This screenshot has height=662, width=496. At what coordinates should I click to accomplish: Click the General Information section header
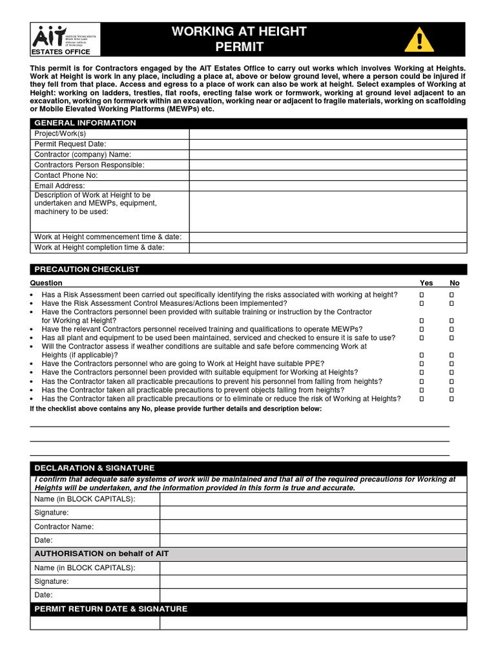click(x=85, y=123)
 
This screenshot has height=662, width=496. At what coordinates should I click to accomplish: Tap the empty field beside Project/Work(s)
click(x=327, y=134)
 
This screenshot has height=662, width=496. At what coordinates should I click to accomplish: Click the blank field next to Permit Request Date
click(x=327, y=144)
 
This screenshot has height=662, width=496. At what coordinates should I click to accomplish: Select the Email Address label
click(x=59, y=186)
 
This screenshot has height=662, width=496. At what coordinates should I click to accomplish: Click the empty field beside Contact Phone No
click(x=327, y=175)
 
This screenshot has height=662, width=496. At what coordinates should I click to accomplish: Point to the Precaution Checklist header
click(x=87, y=269)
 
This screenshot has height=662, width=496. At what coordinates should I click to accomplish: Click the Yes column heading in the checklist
click(x=426, y=283)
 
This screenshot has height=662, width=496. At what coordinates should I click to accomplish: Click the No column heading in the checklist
click(x=455, y=283)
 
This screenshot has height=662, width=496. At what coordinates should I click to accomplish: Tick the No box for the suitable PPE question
click(x=452, y=364)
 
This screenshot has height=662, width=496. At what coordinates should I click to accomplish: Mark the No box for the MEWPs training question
click(x=452, y=329)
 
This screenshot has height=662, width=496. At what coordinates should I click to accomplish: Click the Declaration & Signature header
click(x=94, y=467)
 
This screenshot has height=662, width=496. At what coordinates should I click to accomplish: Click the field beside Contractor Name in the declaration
click(x=313, y=527)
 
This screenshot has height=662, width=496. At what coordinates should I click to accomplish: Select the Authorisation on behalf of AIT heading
click(x=101, y=554)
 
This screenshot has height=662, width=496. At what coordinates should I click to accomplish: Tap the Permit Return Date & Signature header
click(x=110, y=609)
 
